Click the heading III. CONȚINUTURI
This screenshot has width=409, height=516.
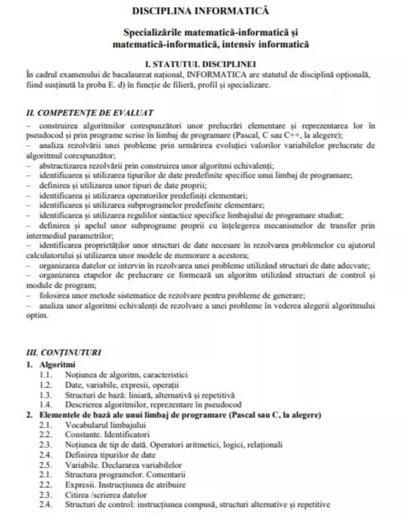[64, 352]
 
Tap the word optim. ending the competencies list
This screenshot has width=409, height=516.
[37, 315]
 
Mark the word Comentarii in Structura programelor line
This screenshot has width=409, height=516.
[166, 475]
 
